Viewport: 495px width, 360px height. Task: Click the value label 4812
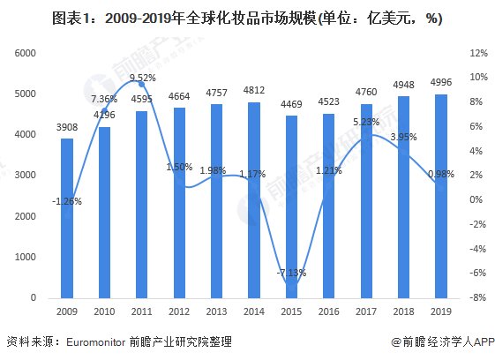click(254, 90)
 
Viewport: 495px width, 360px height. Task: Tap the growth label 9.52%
click(142, 78)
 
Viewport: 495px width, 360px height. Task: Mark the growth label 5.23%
click(366, 123)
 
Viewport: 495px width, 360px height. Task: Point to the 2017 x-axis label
click(366, 311)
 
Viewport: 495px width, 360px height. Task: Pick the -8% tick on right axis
click(477, 298)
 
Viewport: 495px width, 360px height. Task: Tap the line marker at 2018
click(404, 151)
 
